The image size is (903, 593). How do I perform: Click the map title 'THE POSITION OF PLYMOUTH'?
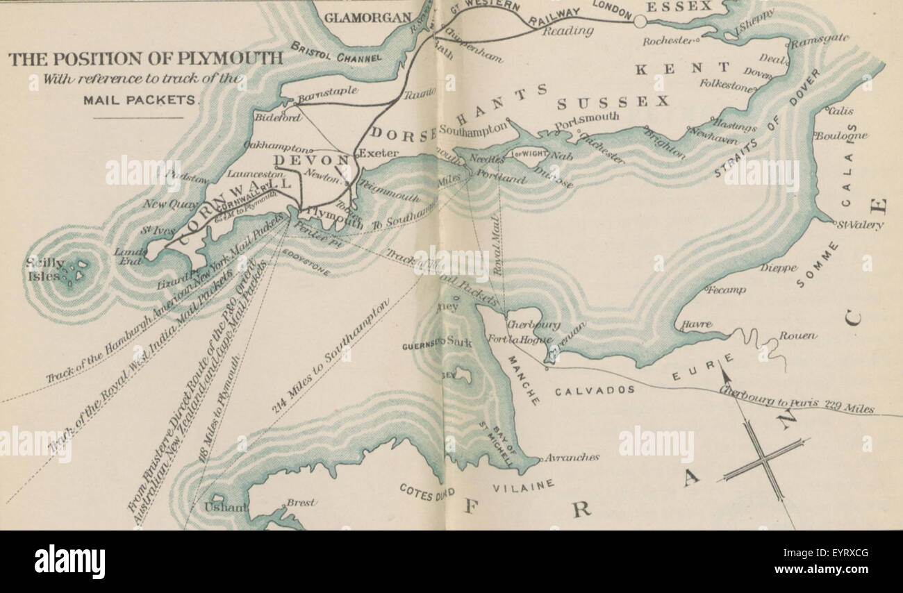point(146,58)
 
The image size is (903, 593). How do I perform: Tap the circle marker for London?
point(640,22)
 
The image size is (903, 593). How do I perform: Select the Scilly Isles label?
point(44,269)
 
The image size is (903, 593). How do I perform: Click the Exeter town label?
point(379,153)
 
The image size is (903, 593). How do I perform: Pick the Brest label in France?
point(301,502)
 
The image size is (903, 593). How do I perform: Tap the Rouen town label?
point(797,335)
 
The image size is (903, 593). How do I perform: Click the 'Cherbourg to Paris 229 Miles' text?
point(796,400)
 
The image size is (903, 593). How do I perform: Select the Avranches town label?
point(572,458)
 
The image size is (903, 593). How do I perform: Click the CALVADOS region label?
point(595,390)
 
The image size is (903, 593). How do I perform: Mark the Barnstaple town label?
point(328,91)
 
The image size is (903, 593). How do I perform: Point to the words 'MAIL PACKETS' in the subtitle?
point(140,99)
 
